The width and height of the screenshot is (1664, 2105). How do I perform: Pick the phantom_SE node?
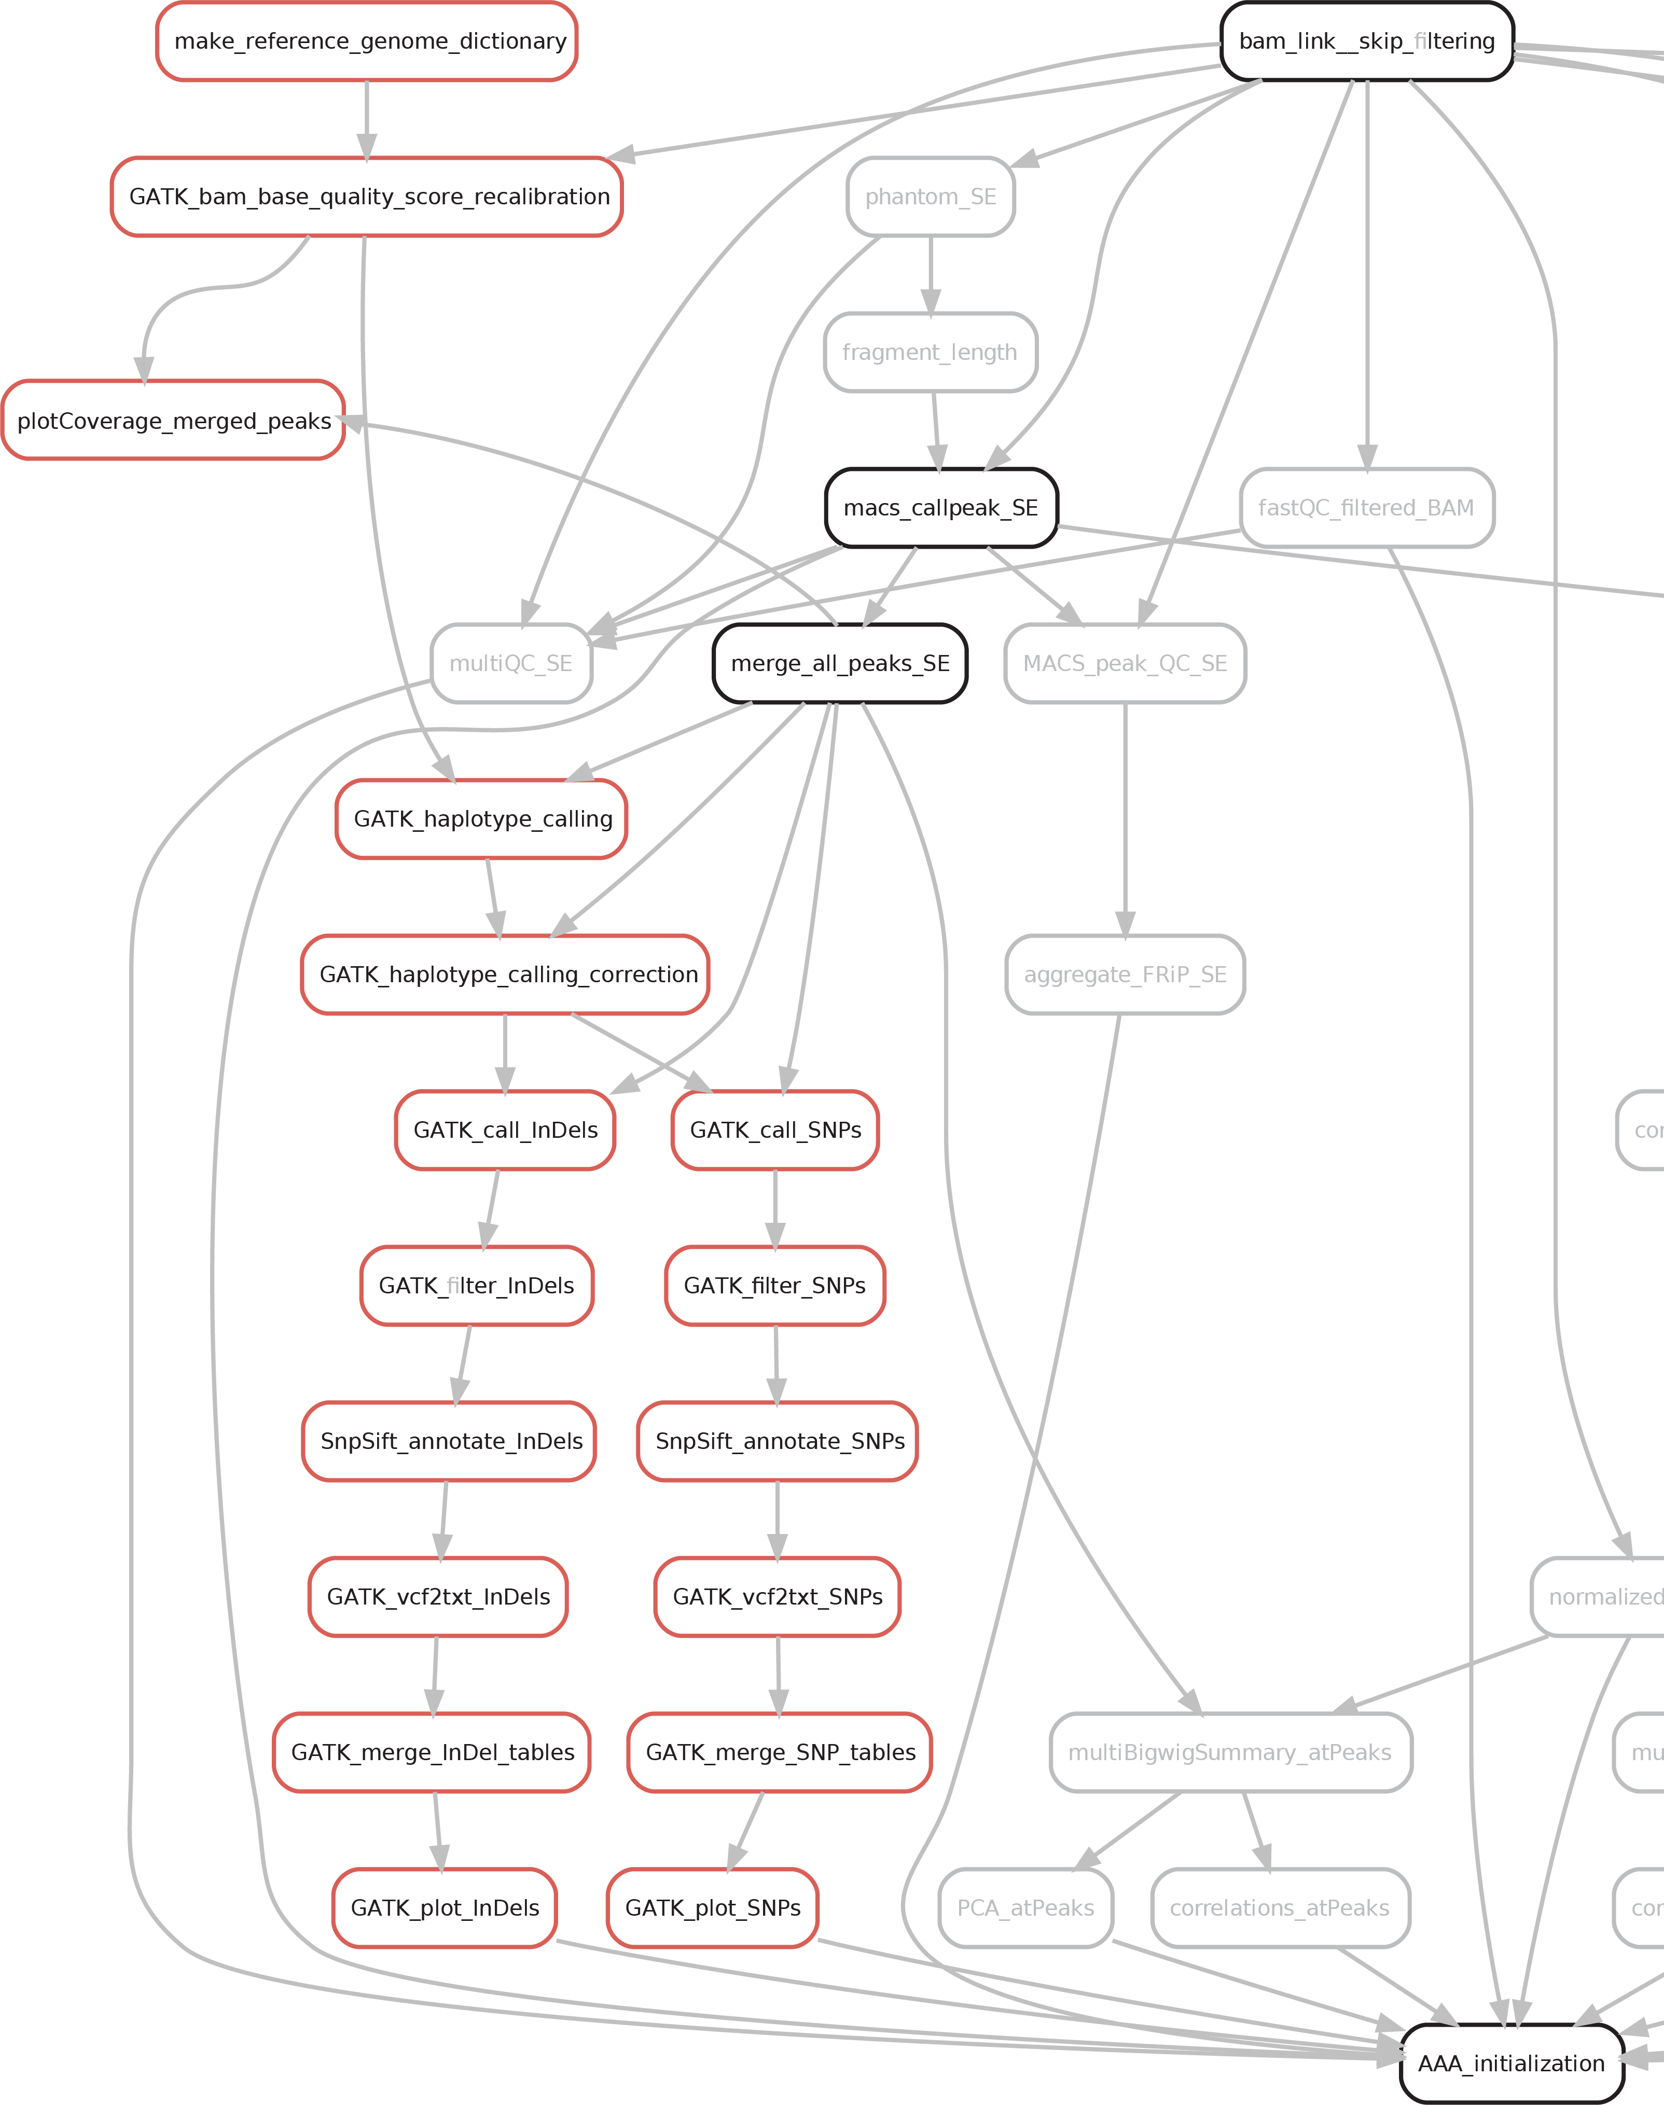coord(931,197)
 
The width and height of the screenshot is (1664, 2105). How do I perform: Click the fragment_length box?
coord(931,353)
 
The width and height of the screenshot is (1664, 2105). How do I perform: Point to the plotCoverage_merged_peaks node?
coord(173,421)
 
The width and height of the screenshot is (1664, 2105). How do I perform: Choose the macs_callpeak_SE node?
coord(941,508)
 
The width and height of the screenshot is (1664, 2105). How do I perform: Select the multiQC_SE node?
coord(510,663)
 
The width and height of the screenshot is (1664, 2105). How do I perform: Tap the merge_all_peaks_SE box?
coord(840,663)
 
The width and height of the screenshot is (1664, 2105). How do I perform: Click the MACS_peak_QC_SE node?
coord(1125,663)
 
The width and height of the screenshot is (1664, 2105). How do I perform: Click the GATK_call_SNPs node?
coord(775,1130)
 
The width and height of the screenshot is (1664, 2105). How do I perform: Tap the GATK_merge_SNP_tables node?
coord(780,1752)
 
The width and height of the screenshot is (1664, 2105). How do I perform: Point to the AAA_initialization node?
coord(1511,2063)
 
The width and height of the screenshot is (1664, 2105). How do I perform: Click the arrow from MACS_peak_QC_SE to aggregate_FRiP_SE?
coord(1125,818)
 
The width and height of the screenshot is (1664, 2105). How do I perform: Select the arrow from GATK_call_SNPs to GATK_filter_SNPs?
coord(775,1208)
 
